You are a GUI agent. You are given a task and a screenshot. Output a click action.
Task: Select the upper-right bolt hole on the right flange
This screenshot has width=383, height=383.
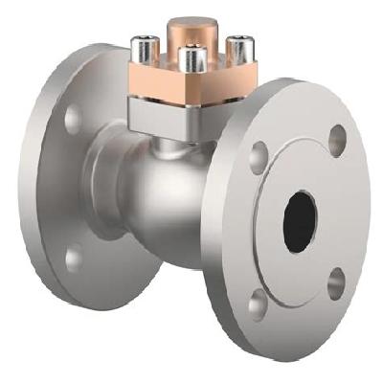(x=337, y=140)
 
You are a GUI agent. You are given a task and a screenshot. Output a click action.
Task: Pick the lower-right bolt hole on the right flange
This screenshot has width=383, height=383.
(x=335, y=283)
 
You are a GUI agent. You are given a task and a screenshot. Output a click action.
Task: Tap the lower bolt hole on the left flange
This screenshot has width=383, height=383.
(x=73, y=257)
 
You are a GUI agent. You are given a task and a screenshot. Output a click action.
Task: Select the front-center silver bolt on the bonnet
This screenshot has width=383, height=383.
(x=191, y=61)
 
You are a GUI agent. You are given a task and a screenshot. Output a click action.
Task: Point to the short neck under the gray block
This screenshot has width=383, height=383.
(x=177, y=146)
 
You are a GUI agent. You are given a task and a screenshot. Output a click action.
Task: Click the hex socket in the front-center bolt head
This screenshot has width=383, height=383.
(x=191, y=56)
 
